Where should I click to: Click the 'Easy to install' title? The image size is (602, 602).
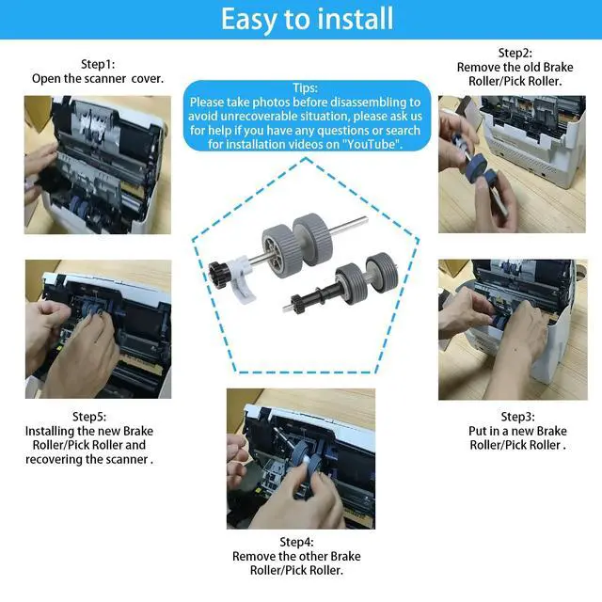308,19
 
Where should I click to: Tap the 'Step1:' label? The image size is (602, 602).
98,64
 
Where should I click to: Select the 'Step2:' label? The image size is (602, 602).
515,53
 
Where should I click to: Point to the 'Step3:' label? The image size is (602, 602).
517,417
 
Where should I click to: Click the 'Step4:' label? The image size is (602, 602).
296,542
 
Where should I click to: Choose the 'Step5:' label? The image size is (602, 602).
89,417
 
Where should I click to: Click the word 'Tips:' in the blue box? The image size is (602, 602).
306,87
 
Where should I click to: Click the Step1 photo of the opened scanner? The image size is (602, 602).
98,165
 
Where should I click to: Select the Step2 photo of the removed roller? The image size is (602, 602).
512,164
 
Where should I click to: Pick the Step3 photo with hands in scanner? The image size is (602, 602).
513,329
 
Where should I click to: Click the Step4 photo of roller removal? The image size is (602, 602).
301,459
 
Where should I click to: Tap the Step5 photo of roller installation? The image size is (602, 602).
98,329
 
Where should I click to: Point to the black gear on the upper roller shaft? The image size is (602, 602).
218,272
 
